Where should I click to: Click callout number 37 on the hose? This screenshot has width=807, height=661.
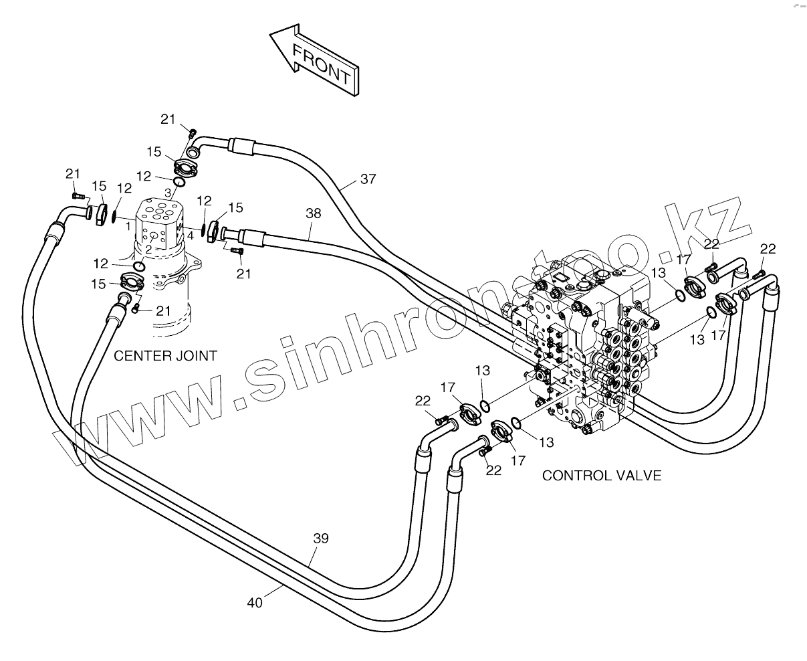coord(368,179)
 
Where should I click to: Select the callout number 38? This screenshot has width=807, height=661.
coord(313,214)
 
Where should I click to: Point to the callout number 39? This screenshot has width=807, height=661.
coord(321,538)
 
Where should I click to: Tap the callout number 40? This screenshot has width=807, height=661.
coord(255,602)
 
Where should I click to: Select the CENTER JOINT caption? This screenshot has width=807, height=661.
coord(165,356)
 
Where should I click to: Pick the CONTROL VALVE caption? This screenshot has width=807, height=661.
coord(601,476)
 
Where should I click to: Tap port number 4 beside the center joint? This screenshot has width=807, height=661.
coord(191,235)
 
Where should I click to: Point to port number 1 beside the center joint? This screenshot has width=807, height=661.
coord(127,226)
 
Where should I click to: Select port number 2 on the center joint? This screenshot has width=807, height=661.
coord(148,250)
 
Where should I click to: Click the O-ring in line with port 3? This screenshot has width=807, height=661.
coord(179,182)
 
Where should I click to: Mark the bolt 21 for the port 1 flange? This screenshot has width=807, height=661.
coord(78,195)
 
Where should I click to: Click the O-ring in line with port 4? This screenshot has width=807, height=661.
coord(203,229)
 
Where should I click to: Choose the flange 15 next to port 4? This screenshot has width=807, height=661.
coord(215,231)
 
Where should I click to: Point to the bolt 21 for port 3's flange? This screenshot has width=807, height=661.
coord(193,132)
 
